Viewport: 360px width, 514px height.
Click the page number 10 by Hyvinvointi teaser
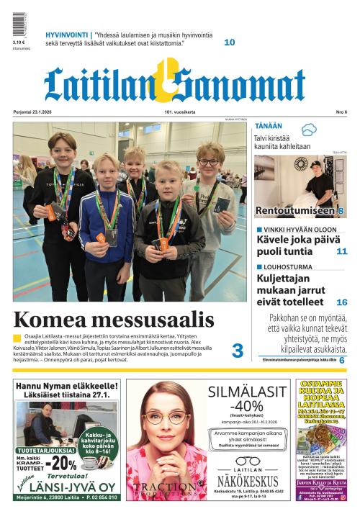coord(229,42)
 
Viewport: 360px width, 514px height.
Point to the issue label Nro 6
coord(341,112)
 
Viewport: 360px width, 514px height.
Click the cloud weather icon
coord(309,130)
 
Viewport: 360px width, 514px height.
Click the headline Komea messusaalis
coord(113,320)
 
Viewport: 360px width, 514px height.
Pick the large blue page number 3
coord(237,351)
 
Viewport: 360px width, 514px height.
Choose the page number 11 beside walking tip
coord(341,251)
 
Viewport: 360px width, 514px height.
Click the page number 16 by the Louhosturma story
coord(341,302)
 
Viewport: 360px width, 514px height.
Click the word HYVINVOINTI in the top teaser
coord(67,35)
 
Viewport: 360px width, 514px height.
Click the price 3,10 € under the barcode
coord(19,42)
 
